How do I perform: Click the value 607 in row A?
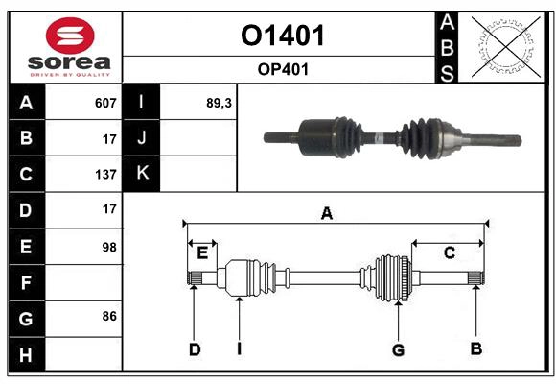point(105,103)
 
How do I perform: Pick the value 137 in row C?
point(105,175)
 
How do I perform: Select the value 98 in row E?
point(108,247)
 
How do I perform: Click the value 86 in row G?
point(108,316)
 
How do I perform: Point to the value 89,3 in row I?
point(220,103)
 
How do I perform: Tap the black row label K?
point(143,173)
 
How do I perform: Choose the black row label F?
point(26,282)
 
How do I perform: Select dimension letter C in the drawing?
point(449,252)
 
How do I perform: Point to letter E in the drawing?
point(202,252)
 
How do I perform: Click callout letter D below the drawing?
point(194,349)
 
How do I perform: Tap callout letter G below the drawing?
point(398,349)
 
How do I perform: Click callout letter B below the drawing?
point(475,349)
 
